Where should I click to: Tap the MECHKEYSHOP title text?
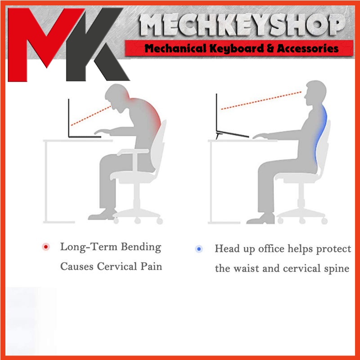click(242, 25)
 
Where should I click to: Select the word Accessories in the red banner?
click(308, 49)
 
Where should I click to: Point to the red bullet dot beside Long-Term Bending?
click(46, 247)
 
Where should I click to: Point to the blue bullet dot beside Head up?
click(199, 249)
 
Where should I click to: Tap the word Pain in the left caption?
click(151, 266)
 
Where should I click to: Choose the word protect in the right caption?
click(333, 249)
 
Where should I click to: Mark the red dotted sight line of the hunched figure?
click(91, 116)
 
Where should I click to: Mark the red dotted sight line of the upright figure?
click(261, 100)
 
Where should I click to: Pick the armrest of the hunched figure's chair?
click(133, 152)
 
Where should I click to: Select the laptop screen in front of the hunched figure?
click(69, 118)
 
